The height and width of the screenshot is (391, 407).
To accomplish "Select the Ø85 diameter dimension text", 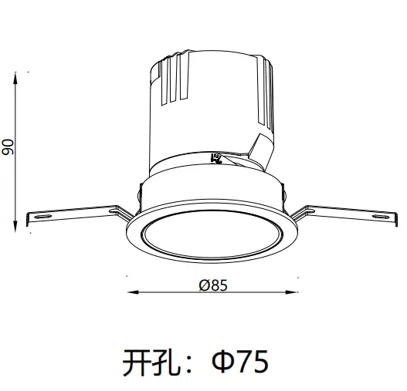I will pyautogui.click(x=212, y=285).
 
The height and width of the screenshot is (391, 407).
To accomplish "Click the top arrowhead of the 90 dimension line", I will pyautogui.click(x=18, y=75).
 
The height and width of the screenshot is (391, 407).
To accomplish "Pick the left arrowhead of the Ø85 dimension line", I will pyautogui.click(x=130, y=292).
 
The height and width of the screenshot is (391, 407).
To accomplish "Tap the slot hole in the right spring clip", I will pyautogui.click(x=379, y=217).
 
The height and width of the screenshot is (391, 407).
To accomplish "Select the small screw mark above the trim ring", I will pyautogui.click(x=217, y=160).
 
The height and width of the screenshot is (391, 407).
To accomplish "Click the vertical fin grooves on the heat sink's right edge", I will pyautogui.click(x=267, y=93).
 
